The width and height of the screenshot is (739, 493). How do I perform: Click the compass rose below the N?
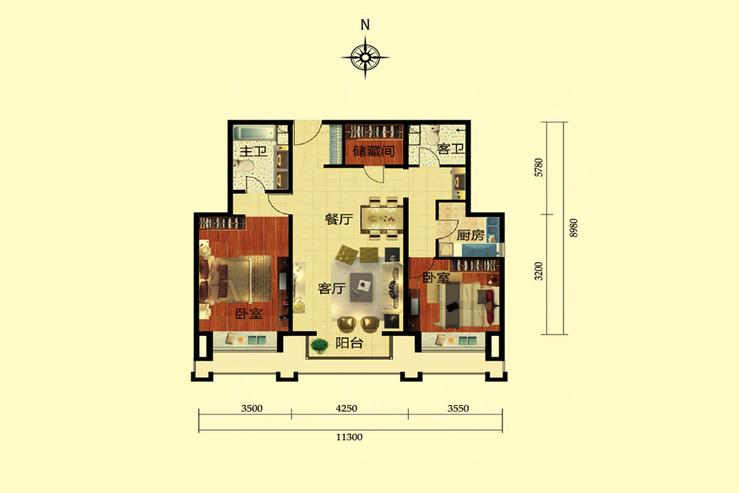click(365, 58)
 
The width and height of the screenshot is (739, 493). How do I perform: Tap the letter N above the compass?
click(365, 25)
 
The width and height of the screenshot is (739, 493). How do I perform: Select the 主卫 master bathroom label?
click(253, 152)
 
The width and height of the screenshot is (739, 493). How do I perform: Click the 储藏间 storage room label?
click(374, 151)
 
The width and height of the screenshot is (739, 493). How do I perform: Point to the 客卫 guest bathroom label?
click(451, 149)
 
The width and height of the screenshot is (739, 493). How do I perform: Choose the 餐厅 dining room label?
click(339, 219)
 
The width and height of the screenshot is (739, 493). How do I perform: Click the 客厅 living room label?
click(332, 288)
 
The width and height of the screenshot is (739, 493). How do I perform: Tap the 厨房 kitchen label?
click(470, 235)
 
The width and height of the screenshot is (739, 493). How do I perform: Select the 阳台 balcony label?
click(349, 343)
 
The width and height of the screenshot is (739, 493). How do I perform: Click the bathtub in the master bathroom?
click(253, 133)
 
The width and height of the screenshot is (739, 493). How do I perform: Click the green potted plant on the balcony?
click(319, 346)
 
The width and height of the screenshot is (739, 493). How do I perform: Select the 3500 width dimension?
click(252, 408)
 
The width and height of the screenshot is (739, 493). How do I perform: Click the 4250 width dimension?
click(347, 408)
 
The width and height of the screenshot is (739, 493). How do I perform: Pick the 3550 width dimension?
click(458, 408)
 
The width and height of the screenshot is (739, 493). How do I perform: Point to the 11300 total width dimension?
click(349, 437)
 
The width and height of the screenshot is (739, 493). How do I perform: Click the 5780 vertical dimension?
click(539, 168)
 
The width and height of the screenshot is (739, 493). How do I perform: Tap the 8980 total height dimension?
click(574, 228)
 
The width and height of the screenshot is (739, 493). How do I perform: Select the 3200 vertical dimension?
click(539, 271)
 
